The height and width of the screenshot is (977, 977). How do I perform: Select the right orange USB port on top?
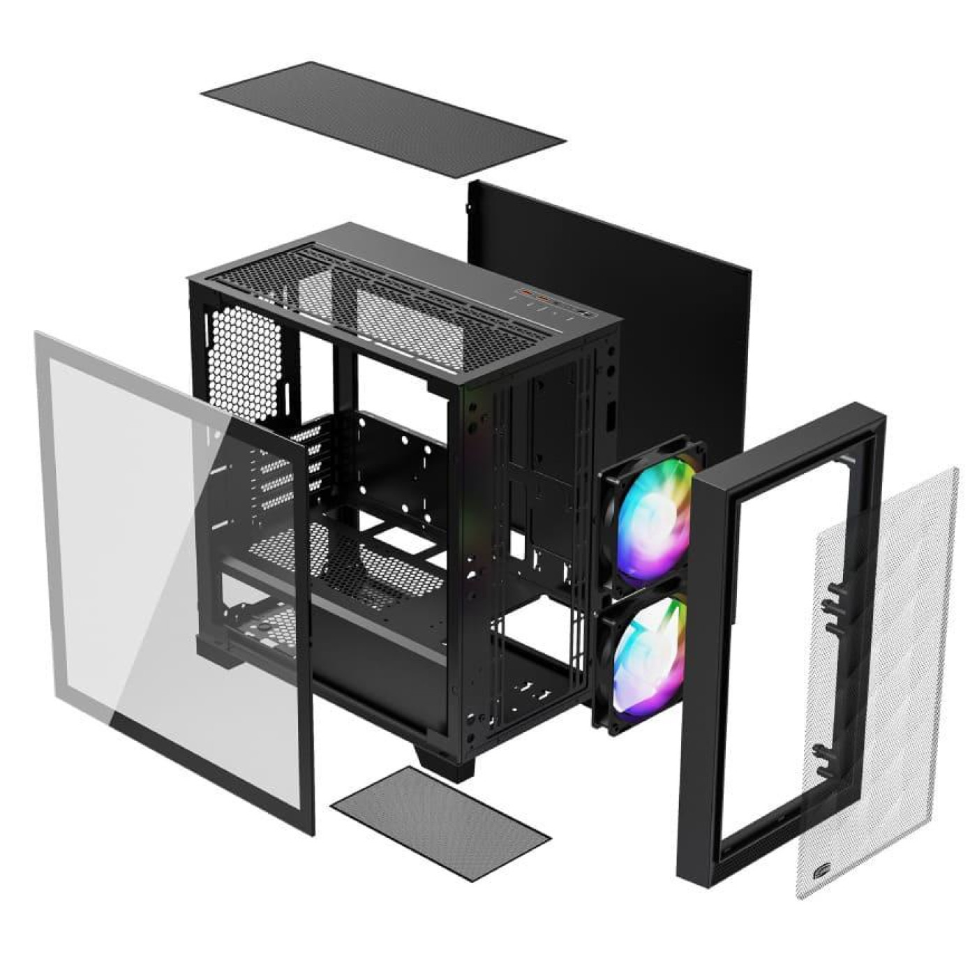[541, 298]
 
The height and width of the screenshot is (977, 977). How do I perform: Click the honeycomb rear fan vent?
[244, 363]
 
